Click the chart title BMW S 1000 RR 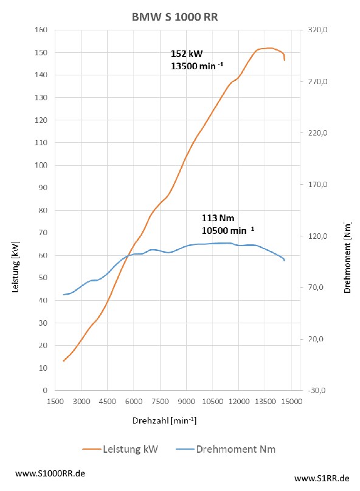click(x=175, y=18)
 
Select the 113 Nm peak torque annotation click(x=218, y=217)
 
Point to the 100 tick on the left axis click(x=41, y=165)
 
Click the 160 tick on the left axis click(x=41, y=30)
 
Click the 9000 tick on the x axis click(x=187, y=401)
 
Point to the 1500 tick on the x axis click(x=55, y=401)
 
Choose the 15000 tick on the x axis click(x=292, y=401)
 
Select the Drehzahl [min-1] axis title click(x=164, y=421)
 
